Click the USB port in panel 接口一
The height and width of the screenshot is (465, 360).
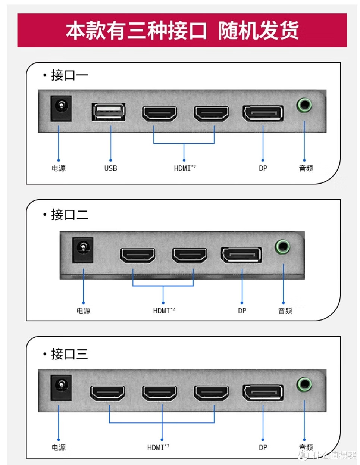click(109, 112)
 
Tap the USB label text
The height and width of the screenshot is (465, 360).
click(110, 168)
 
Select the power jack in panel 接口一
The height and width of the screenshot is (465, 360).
click(61, 108)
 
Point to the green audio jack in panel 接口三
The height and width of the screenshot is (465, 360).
click(304, 384)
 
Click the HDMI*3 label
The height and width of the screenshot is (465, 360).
click(158, 447)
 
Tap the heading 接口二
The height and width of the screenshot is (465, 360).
click(69, 215)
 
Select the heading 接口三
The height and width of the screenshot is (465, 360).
click(69, 354)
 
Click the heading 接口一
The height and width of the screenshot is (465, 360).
click(69, 75)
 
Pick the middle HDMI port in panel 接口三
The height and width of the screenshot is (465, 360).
click(159, 393)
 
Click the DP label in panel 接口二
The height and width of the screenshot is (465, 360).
click(242, 311)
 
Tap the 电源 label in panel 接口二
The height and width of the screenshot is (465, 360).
click(84, 311)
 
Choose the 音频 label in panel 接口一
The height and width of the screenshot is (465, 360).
click(306, 168)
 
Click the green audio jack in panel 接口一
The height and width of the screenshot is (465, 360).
click(304, 105)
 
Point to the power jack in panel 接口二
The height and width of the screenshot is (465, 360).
click(83, 250)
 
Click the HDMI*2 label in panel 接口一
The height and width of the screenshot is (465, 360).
click(185, 168)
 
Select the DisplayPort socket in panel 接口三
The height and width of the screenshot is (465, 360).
click(263, 393)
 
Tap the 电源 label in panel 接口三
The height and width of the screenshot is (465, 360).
click(59, 447)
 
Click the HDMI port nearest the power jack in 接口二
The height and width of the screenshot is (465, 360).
click(138, 256)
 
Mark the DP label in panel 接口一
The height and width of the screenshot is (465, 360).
click(263, 168)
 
